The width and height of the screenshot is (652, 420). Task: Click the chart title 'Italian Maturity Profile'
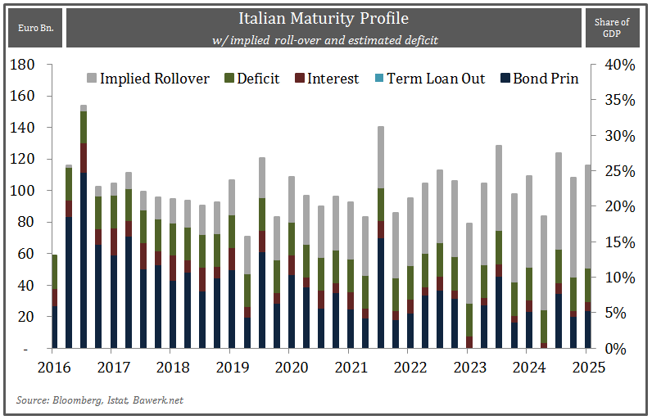(x=323, y=18)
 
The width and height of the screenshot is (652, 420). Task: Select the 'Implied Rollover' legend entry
(x=147, y=79)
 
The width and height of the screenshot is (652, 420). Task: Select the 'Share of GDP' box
(x=612, y=28)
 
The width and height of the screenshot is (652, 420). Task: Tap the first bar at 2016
(x=55, y=303)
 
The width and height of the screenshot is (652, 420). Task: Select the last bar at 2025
(x=588, y=262)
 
